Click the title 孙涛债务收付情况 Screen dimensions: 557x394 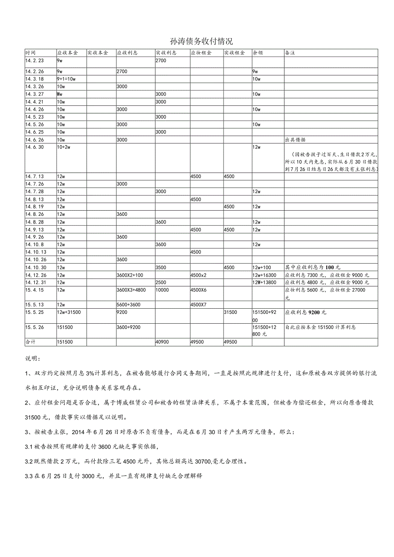[x=201, y=42]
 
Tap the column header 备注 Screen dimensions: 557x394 [x=290, y=53]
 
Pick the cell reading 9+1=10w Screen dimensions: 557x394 [x=66, y=79]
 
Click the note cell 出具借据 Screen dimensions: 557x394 [x=295, y=140]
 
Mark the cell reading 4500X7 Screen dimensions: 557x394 [x=198, y=304]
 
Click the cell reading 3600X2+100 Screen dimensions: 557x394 [x=130, y=275]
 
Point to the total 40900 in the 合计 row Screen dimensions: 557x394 [x=162, y=342]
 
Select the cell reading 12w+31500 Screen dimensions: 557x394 [x=69, y=313]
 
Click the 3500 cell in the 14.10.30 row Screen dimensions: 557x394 [x=161, y=267]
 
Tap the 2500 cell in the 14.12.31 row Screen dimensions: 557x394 [x=161, y=283]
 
